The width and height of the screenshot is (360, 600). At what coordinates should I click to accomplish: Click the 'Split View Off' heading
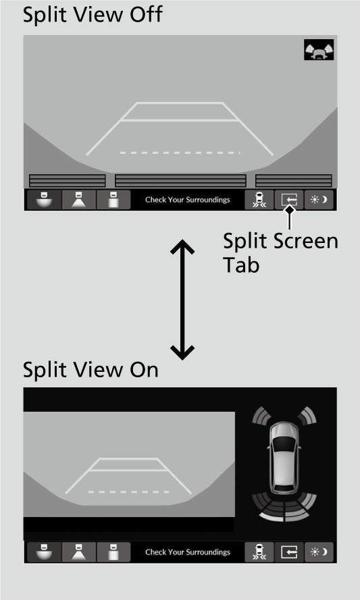(93, 15)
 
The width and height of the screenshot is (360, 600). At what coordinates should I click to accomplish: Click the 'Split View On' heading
(91, 370)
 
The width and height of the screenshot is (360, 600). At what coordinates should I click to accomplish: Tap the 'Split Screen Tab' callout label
(280, 251)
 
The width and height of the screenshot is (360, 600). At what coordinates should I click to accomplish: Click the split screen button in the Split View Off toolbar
(289, 200)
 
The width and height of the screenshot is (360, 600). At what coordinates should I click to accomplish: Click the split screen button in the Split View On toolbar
(289, 552)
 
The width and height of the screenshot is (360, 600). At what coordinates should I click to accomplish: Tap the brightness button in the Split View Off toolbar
(319, 200)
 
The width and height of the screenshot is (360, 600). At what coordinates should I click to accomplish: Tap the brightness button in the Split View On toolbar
(319, 552)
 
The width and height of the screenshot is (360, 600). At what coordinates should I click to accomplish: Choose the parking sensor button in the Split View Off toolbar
(259, 200)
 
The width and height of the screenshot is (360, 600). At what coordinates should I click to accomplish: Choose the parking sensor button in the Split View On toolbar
(259, 552)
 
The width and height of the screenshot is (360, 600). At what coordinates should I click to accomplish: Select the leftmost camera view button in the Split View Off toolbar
(43, 200)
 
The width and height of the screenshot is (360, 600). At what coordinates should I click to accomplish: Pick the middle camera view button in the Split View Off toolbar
(78, 200)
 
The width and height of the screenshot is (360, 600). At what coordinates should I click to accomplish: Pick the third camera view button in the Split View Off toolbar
(113, 200)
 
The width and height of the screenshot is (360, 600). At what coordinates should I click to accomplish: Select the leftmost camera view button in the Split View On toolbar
(43, 552)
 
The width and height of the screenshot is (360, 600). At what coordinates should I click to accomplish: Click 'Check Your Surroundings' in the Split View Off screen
(187, 200)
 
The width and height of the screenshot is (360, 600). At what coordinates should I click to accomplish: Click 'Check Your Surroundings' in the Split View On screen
(187, 552)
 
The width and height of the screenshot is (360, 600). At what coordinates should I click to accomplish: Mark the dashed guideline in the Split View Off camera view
(180, 153)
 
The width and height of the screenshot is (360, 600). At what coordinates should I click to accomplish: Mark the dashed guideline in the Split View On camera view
(128, 491)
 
